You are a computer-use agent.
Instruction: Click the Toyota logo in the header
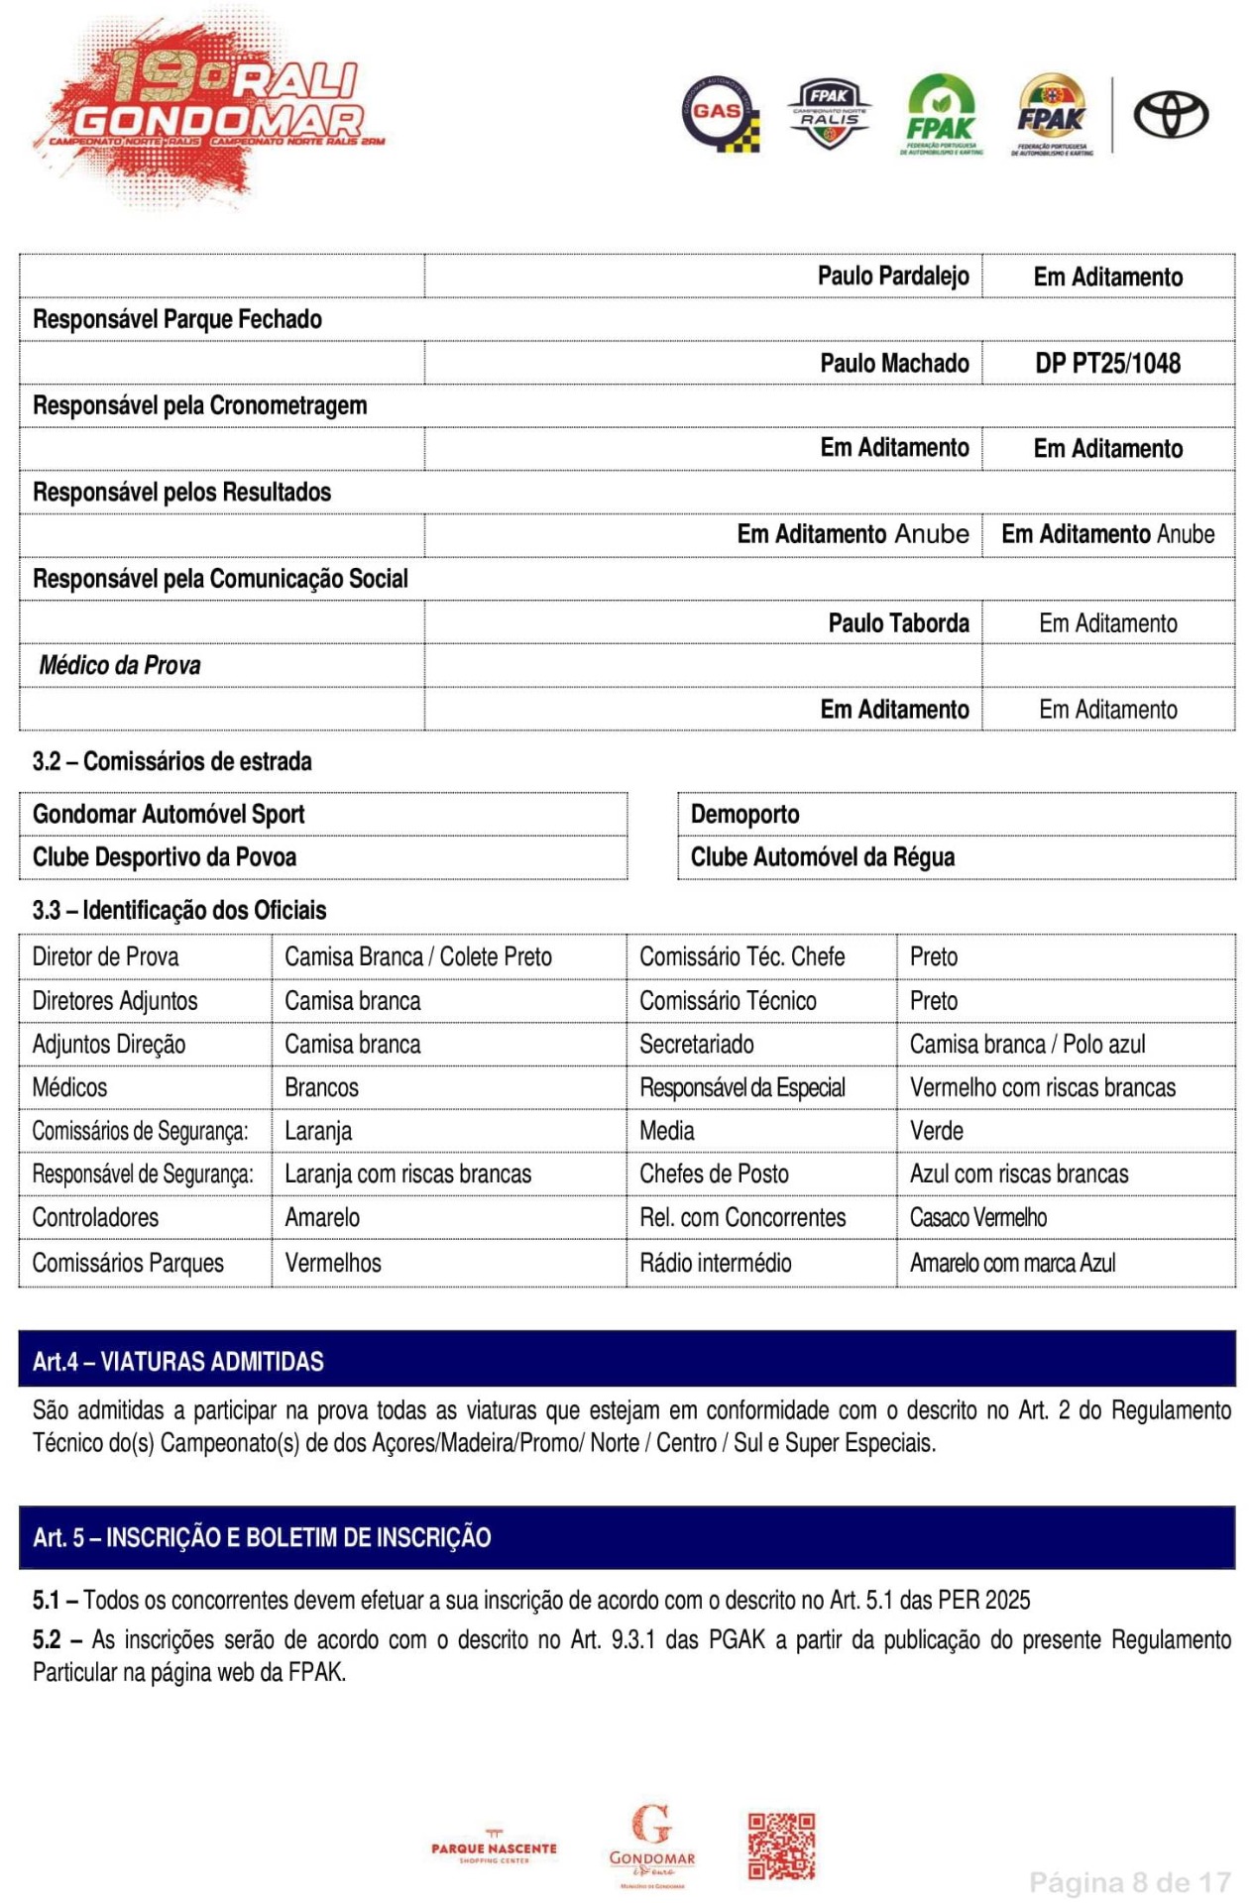tap(1170, 115)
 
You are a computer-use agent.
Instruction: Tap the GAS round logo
tap(721, 114)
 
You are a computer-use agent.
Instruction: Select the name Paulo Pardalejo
tap(892, 276)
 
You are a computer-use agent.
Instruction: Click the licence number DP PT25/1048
tap(1107, 363)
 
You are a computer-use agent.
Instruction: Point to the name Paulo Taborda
tap(898, 622)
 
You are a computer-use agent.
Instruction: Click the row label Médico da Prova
tap(120, 665)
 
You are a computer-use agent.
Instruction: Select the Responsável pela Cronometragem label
tap(199, 405)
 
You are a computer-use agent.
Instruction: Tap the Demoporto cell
tap(744, 814)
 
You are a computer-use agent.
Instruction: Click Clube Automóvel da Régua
tap(822, 857)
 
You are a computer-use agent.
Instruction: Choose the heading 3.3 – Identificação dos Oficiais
tap(179, 910)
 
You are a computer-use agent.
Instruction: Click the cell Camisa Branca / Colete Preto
tap(417, 956)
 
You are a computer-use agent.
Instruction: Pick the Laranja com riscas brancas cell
tap(407, 1174)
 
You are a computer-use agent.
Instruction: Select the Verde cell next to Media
tap(936, 1130)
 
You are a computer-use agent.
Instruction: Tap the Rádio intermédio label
tap(715, 1263)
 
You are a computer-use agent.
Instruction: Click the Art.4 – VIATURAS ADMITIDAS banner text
tap(178, 1361)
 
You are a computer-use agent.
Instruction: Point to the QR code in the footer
tap(781, 1847)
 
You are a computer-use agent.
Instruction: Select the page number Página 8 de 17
tap(1129, 1881)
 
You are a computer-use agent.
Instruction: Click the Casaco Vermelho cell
tap(977, 1217)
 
